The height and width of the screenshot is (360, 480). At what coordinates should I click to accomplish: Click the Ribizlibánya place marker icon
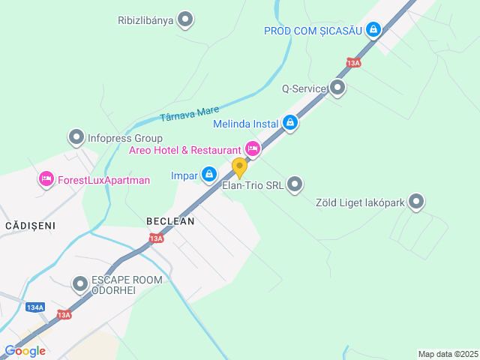coord(185,20)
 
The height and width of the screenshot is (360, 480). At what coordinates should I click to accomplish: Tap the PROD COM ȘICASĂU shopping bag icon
coord(373,30)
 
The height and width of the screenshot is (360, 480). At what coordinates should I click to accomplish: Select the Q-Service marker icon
coord(337,88)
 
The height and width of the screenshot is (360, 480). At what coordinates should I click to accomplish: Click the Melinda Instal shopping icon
coord(290,122)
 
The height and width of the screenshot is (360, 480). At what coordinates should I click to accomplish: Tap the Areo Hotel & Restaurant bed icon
coord(253,150)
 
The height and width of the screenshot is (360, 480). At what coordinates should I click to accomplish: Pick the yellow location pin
coord(239,168)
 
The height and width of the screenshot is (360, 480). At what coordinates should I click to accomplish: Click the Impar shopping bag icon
coord(209,175)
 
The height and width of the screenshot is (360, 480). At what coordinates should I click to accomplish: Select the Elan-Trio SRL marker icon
coord(295,184)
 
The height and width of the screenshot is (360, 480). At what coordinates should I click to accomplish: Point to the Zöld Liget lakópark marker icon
coord(416,201)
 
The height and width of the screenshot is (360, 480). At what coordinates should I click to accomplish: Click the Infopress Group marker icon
coord(76,138)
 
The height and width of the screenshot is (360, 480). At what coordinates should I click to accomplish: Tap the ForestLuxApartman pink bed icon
coord(46,179)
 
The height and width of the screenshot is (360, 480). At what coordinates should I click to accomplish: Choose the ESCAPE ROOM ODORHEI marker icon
coord(80,284)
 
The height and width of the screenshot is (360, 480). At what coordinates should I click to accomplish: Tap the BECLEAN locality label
coord(170,221)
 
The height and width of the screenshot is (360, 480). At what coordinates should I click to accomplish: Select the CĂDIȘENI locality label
coord(31,225)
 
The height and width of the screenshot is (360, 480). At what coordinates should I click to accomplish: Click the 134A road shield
coord(34,307)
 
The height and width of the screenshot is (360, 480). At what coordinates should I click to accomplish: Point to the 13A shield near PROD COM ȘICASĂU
coord(354,63)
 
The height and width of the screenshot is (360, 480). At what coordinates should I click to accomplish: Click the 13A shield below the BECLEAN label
coord(155,238)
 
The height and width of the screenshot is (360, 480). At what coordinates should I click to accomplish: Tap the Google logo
coord(25,351)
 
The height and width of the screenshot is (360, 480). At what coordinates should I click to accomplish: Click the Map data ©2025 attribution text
coord(447,354)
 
